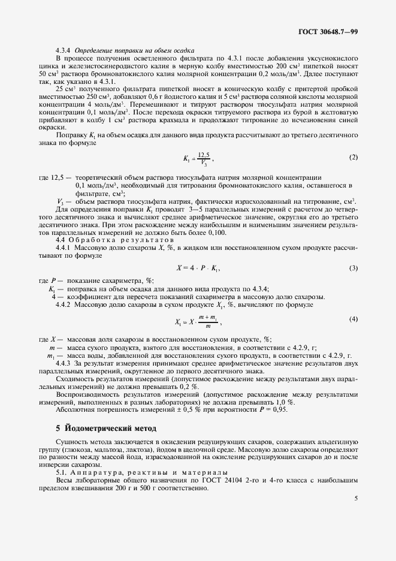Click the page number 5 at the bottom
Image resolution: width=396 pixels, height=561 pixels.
coord(356,498)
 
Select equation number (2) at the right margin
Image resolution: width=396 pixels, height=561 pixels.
coord(353,157)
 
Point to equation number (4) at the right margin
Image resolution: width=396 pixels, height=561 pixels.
coord(353,319)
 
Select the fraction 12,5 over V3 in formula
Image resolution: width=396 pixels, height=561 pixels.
coord(205,158)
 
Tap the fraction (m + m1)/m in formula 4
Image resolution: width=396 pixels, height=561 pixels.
coord(208,321)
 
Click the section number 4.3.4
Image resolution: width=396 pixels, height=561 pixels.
coord(64,50)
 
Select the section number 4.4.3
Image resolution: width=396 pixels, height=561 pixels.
coord(64,364)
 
